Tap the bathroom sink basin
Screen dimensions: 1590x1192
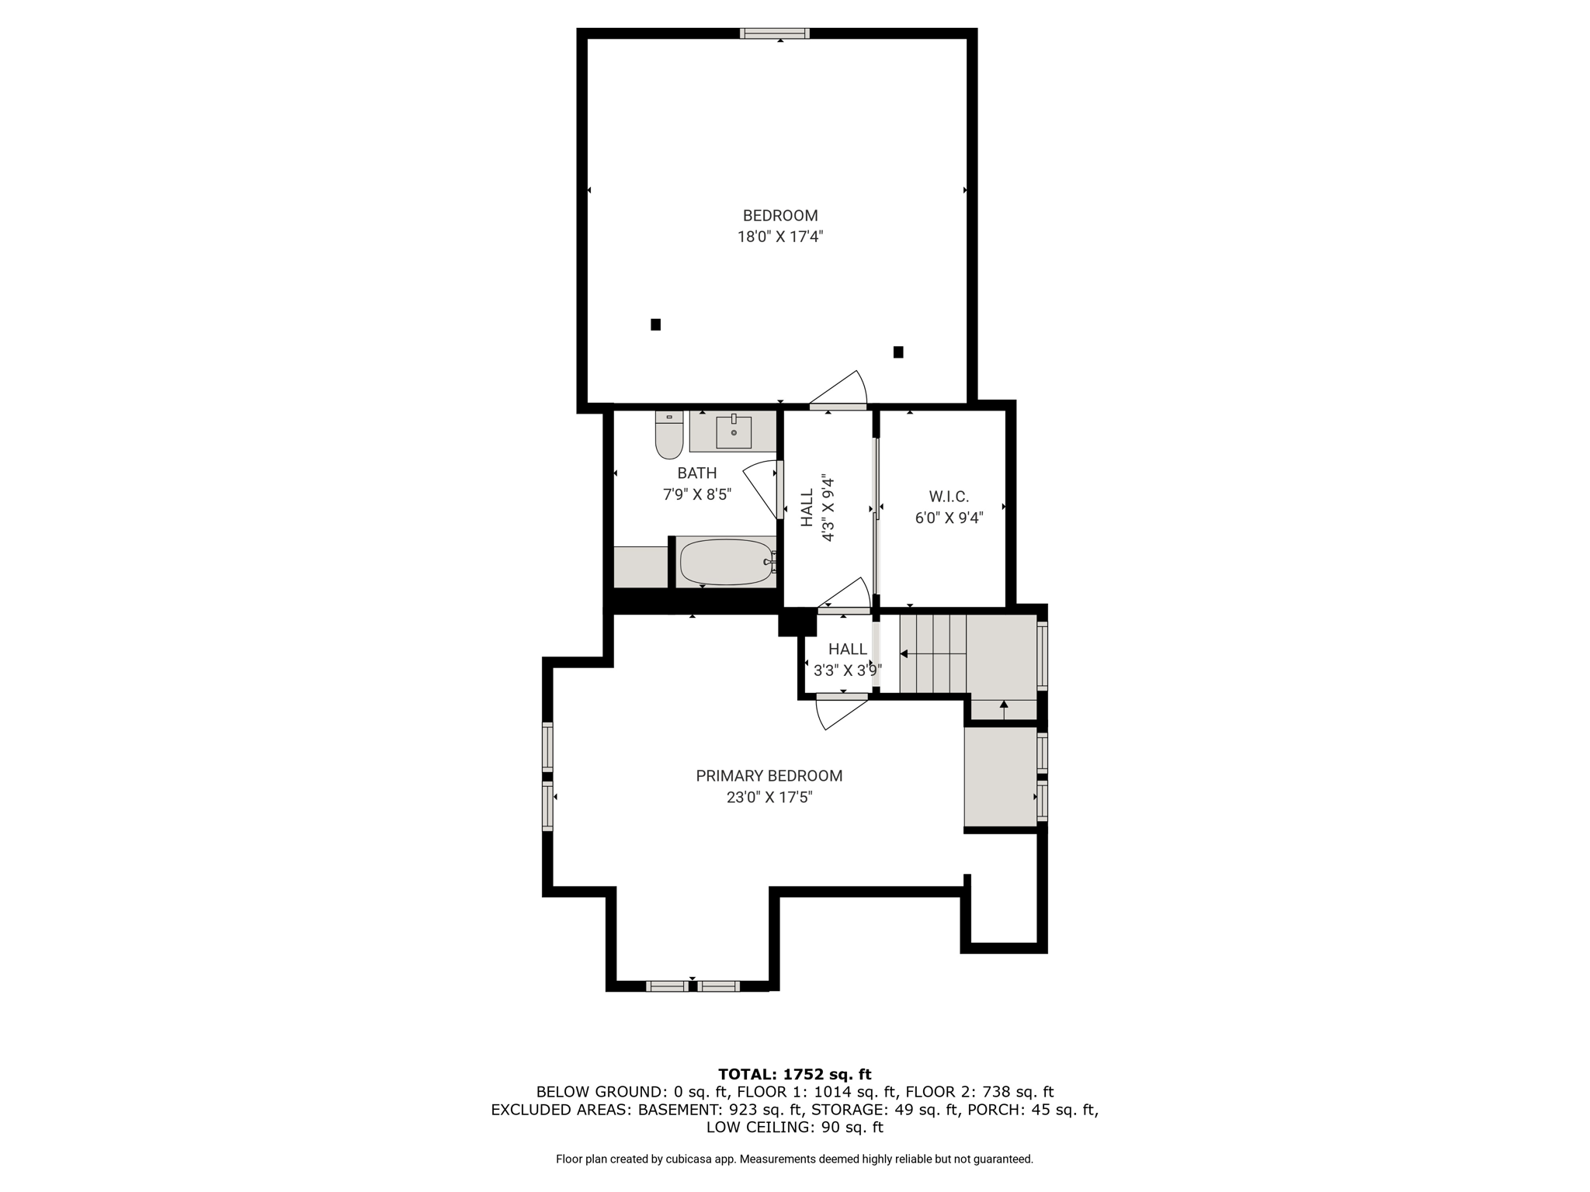pos(734,432)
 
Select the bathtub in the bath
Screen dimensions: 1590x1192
pos(727,562)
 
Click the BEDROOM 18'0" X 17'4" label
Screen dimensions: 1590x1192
pos(780,226)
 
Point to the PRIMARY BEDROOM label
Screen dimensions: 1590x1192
pos(769,775)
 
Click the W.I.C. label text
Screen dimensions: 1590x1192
pos(949,497)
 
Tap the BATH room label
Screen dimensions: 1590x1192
pos(696,473)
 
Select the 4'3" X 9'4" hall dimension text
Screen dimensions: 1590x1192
pos(828,508)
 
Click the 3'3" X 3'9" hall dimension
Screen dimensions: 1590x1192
pos(847,670)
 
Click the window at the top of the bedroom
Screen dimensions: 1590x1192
pos(775,33)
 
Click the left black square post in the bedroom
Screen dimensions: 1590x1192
pos(655,324)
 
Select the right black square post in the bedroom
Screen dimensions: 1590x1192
pos(898,352)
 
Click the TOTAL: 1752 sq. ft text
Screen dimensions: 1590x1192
pos(795,1074)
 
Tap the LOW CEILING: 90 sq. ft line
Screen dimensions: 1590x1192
pos(795,1128)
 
